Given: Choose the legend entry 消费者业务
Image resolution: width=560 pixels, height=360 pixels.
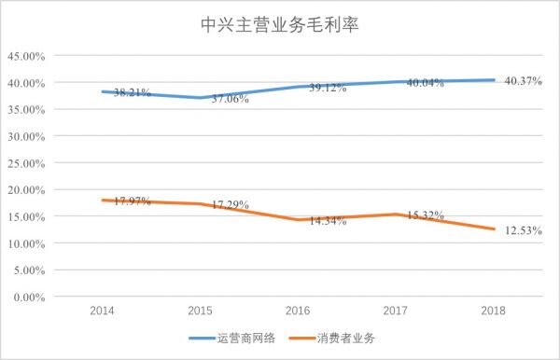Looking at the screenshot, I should [346, 338].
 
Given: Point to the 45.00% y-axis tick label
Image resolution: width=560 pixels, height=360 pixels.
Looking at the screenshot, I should [27, 56].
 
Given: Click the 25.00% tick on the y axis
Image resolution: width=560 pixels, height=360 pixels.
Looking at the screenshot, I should [27, 163].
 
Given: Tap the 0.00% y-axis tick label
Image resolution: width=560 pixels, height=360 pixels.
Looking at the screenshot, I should [30, 298].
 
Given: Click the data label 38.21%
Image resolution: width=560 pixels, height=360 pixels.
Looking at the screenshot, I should [132, 93].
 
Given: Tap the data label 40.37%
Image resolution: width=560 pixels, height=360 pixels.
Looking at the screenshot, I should [523, 81].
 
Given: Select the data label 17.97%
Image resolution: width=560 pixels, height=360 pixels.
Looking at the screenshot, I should [132, 201].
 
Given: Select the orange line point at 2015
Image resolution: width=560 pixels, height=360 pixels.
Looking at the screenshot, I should [201, 204].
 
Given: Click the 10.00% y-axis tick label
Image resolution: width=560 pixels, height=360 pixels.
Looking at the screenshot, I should [27, 243].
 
